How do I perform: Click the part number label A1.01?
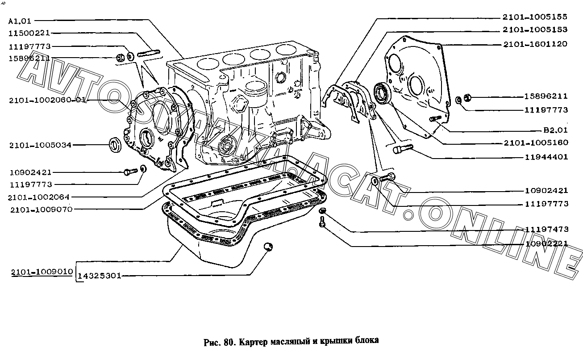(20, 21)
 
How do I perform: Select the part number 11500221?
(29, 33)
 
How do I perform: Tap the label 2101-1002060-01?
(47, 100)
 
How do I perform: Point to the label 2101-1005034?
(40, 145)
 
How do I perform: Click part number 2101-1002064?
(39, 197)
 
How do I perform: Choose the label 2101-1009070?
(42, 209)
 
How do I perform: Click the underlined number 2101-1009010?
(42, 272)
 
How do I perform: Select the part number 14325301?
(100, 276)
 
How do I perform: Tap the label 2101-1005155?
(535, 17)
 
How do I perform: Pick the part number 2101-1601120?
(535, 44)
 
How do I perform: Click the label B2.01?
(555, 130)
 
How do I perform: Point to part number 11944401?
(546, 157)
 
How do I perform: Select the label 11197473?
(546, 229)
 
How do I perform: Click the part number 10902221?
(546, 244)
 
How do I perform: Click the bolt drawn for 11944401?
(403, 149)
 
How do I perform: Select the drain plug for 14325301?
(268, 247)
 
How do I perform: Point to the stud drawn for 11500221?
(149, 54)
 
